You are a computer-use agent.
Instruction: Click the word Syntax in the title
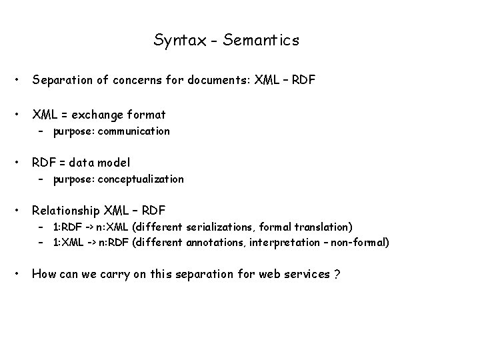175,41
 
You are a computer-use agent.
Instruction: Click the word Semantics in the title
262,40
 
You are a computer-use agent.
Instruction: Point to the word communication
133,131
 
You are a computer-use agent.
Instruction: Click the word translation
325,227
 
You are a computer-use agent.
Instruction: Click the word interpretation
285,242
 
